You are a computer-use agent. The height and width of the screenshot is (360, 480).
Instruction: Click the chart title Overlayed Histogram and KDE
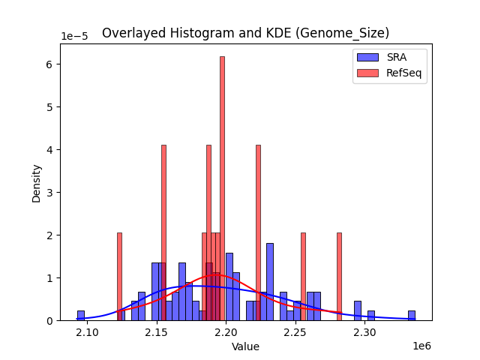click(x=245, y=33)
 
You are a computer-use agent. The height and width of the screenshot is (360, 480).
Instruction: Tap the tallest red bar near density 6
click(x=222, y=187)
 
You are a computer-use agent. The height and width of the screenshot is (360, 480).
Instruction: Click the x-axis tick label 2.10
click(x=87, y=331)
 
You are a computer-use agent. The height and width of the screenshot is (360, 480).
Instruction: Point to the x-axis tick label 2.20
click(x=226, y=331)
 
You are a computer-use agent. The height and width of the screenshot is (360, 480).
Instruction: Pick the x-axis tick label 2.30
click(x=364, y=331)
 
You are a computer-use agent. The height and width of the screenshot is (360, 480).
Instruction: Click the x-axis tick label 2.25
click(x=295, y=331)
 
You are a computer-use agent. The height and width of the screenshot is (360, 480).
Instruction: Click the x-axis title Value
click(x=245, y=346)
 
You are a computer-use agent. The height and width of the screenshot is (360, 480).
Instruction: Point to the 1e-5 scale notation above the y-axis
click(x=73, y=36)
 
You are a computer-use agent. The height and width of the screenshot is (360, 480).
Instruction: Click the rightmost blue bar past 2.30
click(x=411, y=316)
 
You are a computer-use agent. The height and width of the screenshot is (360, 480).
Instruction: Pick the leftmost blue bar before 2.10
click(x=81, y=316)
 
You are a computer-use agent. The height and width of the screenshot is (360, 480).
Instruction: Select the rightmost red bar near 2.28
click(x=339, y=277)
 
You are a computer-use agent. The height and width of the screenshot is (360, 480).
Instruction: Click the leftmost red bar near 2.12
click(x=119, y=277)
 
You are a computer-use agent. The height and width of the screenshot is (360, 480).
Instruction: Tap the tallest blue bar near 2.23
click(x=269, y=282)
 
